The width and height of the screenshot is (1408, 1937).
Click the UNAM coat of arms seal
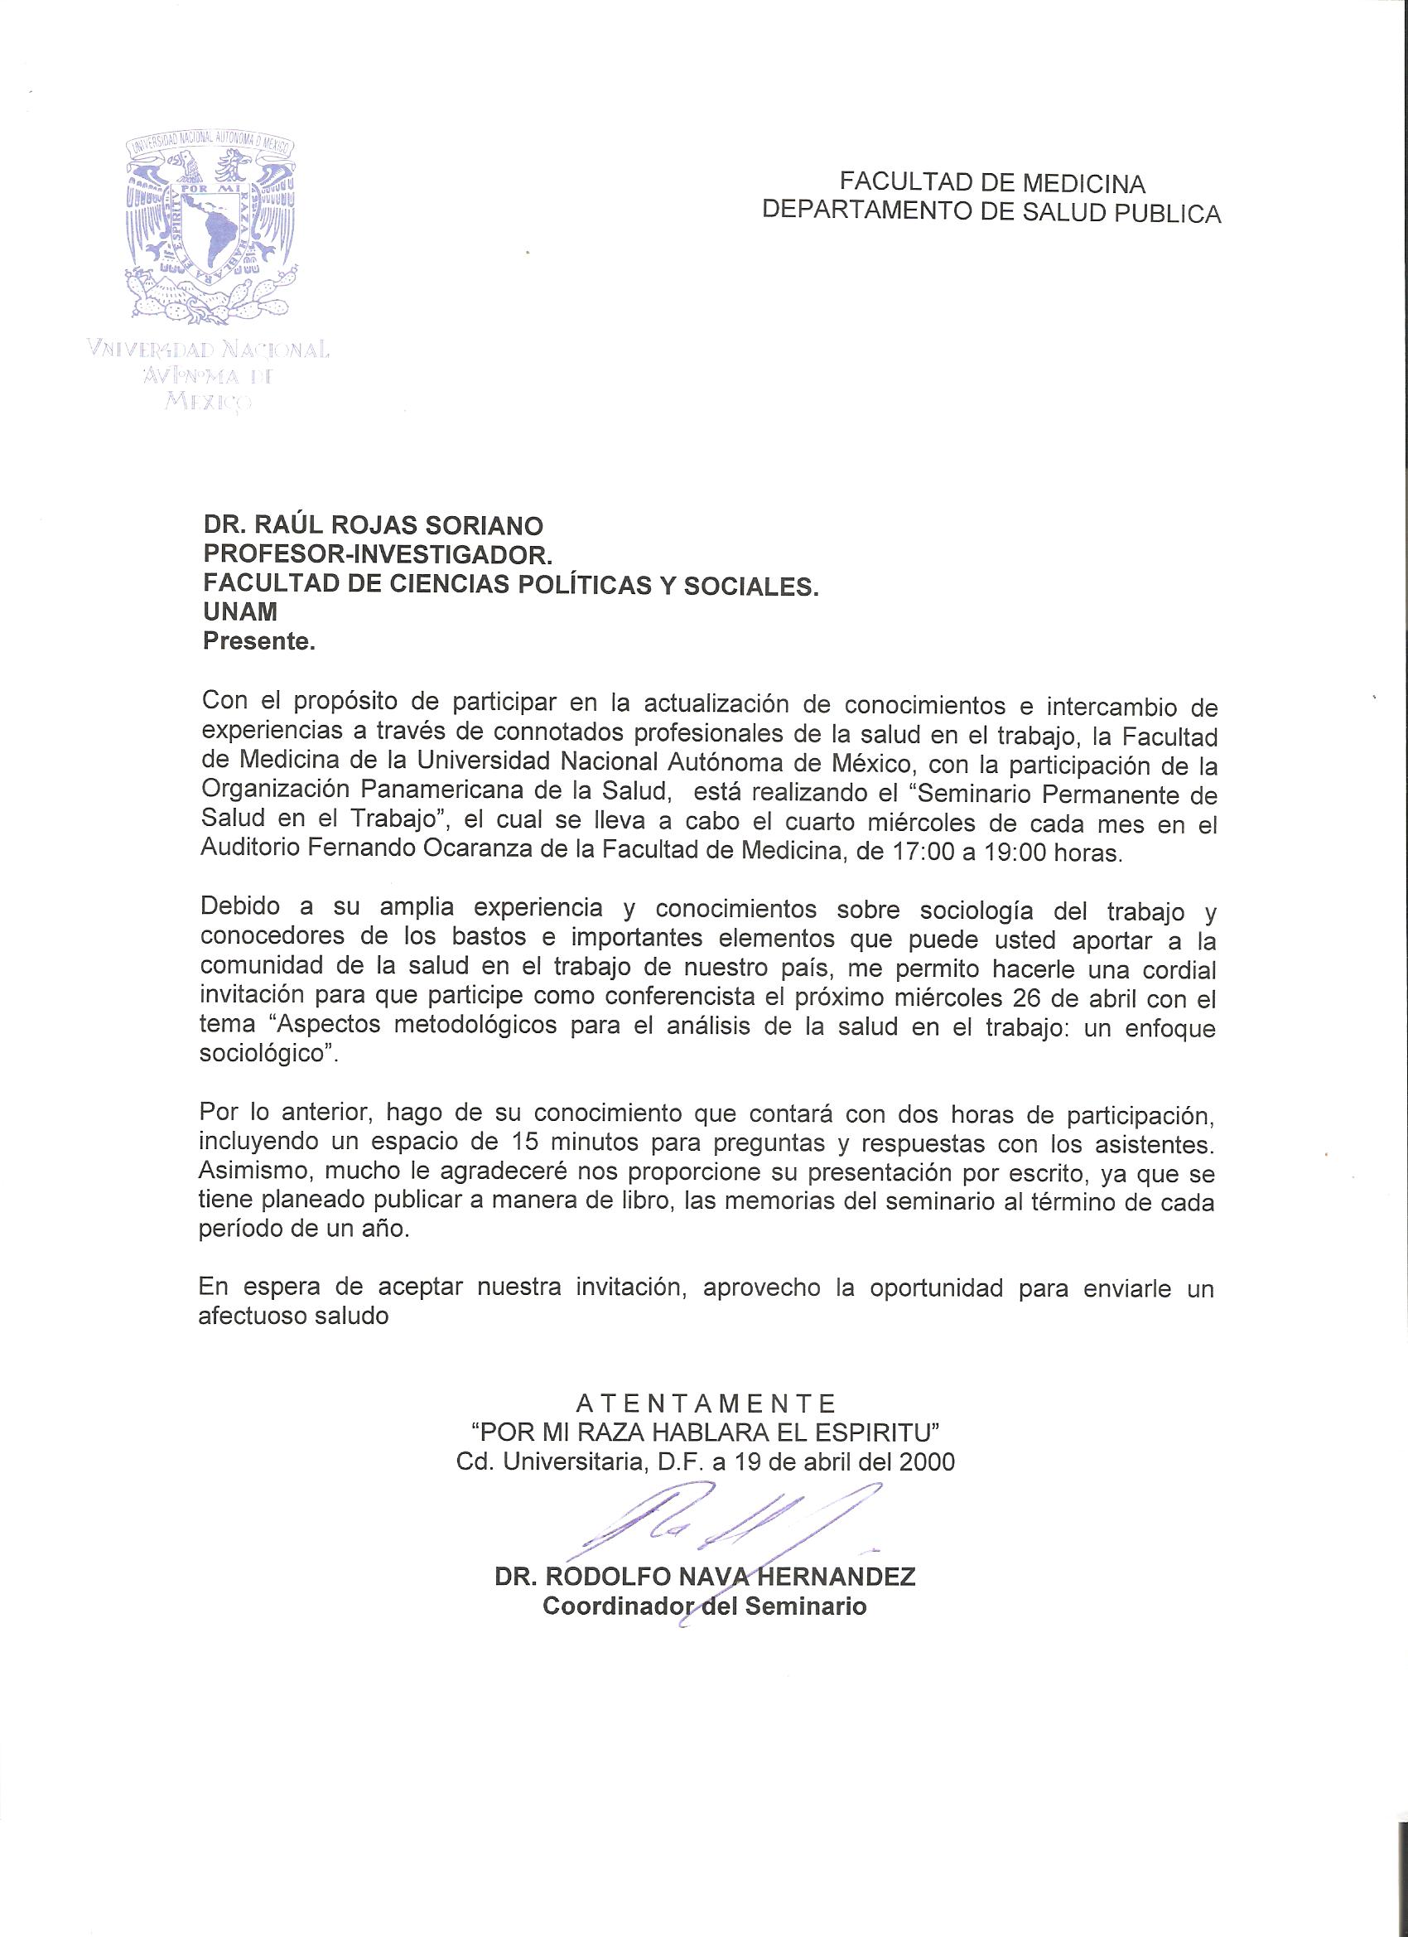(213, 231)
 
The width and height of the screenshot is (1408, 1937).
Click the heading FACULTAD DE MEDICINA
(991, 182)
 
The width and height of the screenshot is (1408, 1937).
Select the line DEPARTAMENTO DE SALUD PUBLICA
(991, 212)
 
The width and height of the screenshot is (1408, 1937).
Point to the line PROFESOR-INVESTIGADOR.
(378, 555)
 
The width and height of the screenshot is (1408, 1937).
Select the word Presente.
(259, 641)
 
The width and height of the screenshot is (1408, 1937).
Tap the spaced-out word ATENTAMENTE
(706, 1403)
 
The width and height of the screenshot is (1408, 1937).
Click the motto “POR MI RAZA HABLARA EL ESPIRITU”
(706, 1432)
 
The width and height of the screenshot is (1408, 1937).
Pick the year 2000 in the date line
(927, 1461)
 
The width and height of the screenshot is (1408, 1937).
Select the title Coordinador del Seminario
(706, 1606)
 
